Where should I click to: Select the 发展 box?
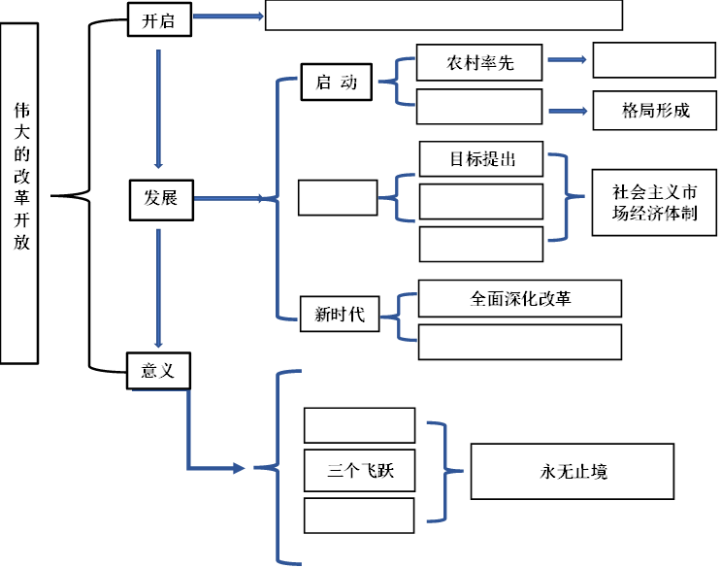click(160, 198)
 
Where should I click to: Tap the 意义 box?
click(158, 372)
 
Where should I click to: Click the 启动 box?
click(336, 82)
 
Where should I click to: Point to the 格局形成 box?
click(655, 110)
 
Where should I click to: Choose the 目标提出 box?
click(480, 158)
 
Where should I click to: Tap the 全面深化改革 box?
click(519, 299)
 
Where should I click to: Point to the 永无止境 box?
click(572, 472)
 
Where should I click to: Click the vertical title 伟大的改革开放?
click(19, 192)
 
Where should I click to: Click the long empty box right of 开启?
click(443, 16)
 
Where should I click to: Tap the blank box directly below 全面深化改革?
click(519, 342)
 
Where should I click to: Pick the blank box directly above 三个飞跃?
click(359, 425)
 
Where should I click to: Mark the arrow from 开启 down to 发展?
click(157, 107)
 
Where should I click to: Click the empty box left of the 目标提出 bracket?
click(337, 197)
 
